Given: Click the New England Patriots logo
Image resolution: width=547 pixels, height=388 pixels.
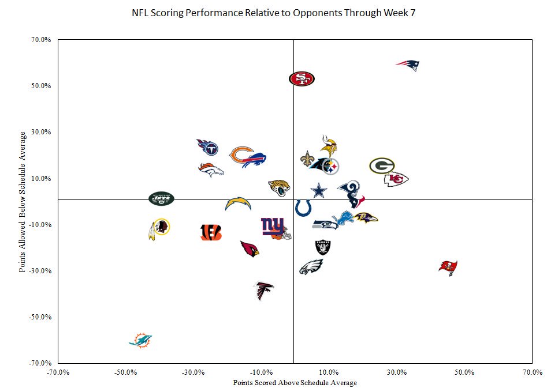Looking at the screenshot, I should point(408,65).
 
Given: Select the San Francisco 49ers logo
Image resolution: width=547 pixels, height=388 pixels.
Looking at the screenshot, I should point(302,78).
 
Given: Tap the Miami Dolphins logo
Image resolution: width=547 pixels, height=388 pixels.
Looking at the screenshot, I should point(140,340).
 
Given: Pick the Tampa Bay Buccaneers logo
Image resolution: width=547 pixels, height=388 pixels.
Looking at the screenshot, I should point(448,267).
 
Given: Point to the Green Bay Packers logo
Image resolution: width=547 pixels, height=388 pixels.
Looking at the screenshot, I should point(382,166).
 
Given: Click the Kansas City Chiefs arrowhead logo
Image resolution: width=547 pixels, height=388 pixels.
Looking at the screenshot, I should point(396,179).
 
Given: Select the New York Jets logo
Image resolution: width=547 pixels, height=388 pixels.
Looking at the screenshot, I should point(161,199).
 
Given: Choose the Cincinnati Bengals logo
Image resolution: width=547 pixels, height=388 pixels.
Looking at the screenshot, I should point(211,232).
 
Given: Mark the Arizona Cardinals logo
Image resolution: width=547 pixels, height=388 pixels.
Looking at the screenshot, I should point(250,248).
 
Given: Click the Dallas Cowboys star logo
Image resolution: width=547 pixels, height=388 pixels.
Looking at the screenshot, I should point(319,190).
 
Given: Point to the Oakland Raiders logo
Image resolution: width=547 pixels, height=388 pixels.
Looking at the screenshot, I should point(323,247).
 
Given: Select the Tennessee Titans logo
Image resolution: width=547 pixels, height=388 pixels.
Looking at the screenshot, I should point(207,148).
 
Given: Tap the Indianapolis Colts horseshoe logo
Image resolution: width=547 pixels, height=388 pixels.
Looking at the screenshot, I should point(303,208).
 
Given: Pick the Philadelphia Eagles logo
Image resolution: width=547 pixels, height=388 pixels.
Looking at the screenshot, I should point(311,267).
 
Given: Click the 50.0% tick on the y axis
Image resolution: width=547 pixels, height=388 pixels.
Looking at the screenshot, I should point(42,86).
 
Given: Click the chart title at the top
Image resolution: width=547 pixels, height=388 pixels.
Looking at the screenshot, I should point(273,13).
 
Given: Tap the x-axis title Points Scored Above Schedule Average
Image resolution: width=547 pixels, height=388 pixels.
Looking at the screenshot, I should point(295,383).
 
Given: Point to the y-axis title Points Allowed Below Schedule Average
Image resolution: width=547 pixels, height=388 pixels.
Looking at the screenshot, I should point(23,202).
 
